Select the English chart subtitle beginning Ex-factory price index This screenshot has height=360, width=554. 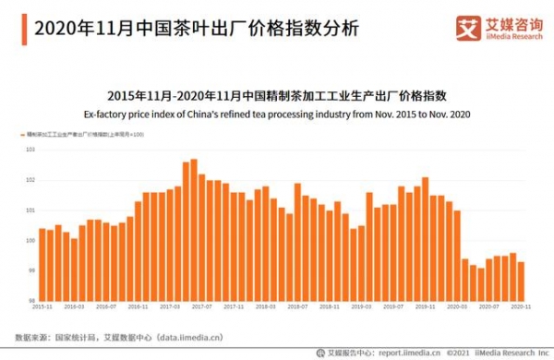pyautogui.click(x=277, y=114)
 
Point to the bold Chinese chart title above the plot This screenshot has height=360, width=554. pyautogui.click(x=277, y=96)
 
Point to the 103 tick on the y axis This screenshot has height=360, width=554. pyautogui.click(x=30, y=150)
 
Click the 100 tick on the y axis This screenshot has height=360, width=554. pyautogui.click(x=30, y=241)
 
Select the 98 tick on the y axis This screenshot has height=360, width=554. pyautogui.click(x=30, y=301)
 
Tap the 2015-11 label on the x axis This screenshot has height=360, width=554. pyautogui.click(x=42, y=307)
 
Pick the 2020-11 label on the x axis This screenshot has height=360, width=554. pyautogui.click(x=520, y=307)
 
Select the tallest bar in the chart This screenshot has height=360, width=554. pyautogui.click(x=194, y=230)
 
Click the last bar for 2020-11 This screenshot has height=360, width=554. pyautogui.click(x=521, y=281)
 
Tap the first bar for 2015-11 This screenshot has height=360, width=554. pyautogui.click(x=42, y=264)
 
